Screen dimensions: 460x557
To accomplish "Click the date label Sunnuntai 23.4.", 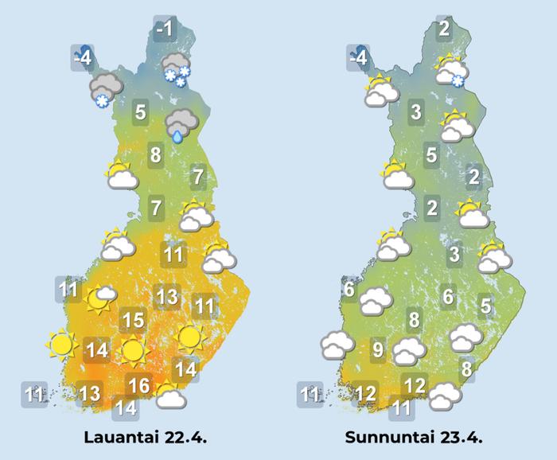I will click(414, 438).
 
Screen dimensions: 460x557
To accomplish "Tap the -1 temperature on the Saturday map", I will click(164, 30).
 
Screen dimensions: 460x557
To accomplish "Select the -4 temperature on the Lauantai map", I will click(81, 59).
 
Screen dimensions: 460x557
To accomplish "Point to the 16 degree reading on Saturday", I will click(139, 386).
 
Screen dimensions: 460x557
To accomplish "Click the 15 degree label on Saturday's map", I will click(132, 321).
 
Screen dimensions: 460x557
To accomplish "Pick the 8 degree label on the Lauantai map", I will click(156, 154).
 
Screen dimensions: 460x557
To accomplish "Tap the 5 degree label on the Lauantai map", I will click(140, 112).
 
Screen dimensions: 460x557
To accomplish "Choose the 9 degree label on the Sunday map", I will click(378, 349).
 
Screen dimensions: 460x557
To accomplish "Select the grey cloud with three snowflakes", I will click(174, 69).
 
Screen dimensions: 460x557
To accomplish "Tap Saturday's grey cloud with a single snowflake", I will click(104, 90).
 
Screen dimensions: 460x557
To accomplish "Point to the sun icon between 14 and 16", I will click(132, 349).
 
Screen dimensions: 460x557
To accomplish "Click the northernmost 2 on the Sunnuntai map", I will click(444, 30).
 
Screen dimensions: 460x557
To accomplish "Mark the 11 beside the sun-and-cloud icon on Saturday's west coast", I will click(69, 290).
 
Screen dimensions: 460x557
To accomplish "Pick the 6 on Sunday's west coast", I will click(348, 290).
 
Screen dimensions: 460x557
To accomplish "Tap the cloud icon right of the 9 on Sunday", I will click(410, 350).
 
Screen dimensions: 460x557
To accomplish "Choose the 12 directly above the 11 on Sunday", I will click(415, 386).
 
